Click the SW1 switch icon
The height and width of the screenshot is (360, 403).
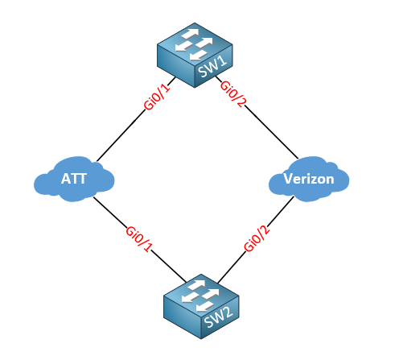pyautogui.click(x=195, y=55)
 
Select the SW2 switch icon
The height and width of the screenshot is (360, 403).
pyautogui.click(x=201, y=306)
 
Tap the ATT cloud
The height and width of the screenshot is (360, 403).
pyautogui.click(x=74, y=179)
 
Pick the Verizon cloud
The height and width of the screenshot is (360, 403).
pyautogui.click(x=309, y=179)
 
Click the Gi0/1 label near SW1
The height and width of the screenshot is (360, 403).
pyautogui.click(x=157, y=97)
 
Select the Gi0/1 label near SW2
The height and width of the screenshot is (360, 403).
pyautogui.click(x=139, y=239)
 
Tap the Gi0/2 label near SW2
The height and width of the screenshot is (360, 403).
pyautogui.click(x=257, y=238)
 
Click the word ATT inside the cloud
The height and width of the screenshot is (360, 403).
pyautogui.click(x=74, y=179)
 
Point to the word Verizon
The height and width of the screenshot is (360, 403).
pyautogui.click(x=309, y=179)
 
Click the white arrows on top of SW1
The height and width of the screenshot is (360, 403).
pyautogui.click(x=194, y=44)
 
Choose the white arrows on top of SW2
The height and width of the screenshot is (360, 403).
pyautogui.click(x=200, y=296)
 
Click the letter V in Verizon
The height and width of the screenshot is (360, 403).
pyautogui.click(x=288, y=179)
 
